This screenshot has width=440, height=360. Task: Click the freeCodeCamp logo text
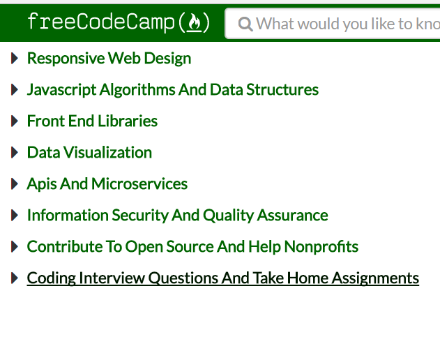click(x=102, y=22)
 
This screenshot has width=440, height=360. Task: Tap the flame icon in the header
click(x=195, y=24)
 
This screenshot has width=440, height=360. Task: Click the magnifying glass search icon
click(x=245, y=24)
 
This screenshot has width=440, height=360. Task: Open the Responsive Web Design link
click(x=109, y=59)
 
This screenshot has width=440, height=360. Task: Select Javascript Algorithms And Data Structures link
click(x=172, y=90)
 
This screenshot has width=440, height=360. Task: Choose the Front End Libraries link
click(x=92, y=121)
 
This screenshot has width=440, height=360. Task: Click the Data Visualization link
click(x=89, y=153)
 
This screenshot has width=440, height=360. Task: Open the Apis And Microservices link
click(x=107, y=184)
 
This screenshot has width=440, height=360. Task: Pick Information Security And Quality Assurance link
click(x=177, y=216)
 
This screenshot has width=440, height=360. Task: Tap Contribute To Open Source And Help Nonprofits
click(x=192, y=247)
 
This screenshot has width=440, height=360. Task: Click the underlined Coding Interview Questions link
click(x=222, y=278)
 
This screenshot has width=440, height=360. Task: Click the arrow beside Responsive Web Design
click(x=15, y=59)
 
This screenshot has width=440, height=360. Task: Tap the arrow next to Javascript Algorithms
click(x=15, y=90)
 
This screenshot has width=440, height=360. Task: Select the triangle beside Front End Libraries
click(x=15, y=121)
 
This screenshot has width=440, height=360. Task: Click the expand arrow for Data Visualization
click(x=15, y=153)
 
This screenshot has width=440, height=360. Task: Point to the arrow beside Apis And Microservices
click(x=15, y=184)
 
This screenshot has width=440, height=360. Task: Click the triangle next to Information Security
click(x=15, y=216)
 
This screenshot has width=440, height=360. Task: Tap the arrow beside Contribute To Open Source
click(x=15, y=247)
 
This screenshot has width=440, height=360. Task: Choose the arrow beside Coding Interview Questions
click(x=15, y=278)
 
